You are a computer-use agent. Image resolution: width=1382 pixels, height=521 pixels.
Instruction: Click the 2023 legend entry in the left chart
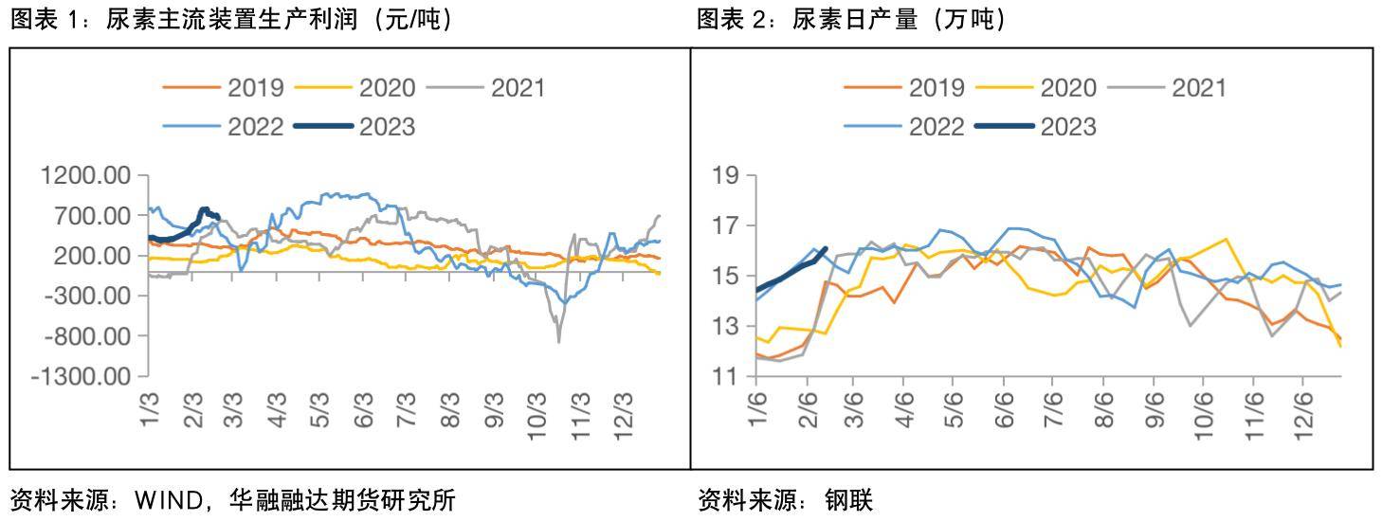[x=387, y=126]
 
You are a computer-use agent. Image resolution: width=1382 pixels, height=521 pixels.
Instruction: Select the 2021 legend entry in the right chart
[x=1198, y=88]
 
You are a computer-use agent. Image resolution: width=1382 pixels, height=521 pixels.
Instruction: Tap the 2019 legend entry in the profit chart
[x=255, y=88]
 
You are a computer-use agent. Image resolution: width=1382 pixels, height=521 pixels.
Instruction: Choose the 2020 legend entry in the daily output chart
[x=1067, y=88]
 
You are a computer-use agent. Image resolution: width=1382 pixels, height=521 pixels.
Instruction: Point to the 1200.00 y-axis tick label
[x=86, y=176]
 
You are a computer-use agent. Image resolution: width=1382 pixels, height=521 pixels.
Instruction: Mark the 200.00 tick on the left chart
[x=92, y=256]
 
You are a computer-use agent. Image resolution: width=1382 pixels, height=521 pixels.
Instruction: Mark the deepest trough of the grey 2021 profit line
[x=558, y=341]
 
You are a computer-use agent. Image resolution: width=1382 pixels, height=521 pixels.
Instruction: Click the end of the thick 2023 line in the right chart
[x=826, y=249]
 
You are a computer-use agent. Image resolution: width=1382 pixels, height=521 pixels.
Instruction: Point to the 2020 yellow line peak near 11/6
[x=1226, y=239]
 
